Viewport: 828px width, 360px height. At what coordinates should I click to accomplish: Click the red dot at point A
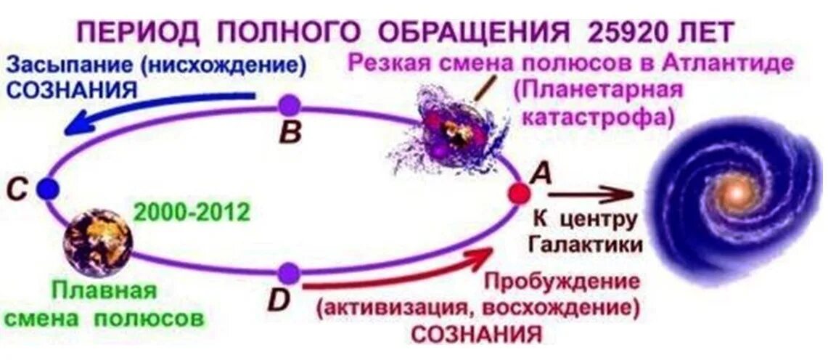[x=519, y=193]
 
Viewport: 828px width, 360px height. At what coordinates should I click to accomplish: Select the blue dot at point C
[x=47, y=189]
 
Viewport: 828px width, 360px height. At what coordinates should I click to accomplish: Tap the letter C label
[x=17, y=190]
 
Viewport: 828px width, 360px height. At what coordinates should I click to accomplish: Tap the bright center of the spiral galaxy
[x=735, y=193]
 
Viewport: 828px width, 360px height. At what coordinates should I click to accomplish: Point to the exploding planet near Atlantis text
[x=454, y=131]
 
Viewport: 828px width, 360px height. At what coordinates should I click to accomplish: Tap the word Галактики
[x=586, y=245]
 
